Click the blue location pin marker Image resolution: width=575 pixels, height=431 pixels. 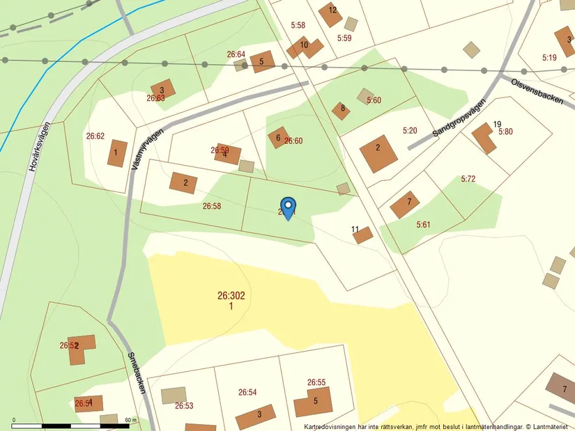(x=287, y=207)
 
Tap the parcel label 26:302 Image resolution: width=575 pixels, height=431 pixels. (x=231, y=296)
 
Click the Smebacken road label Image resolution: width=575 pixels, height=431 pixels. (x=137, y=373)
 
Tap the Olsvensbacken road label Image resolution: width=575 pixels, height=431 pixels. (x=537, y=91)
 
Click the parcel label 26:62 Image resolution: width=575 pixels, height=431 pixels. (x=95, y=136)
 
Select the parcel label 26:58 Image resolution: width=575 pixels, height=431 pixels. (x=212, y=206)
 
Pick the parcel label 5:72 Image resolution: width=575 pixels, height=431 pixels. (x=468, y=179)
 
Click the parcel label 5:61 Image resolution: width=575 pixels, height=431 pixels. (x=423, y=224)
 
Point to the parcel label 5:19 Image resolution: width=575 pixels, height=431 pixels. (x=548, y=58)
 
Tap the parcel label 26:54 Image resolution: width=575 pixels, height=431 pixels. (x=247, y=392)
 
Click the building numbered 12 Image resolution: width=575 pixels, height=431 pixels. (x=330, y=13)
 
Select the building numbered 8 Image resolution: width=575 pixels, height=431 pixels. (x=340, y=110)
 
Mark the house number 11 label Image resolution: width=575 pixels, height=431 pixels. (x=355, y=229)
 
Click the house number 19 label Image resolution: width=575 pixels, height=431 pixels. (x=497, y=125)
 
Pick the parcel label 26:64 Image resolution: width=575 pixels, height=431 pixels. (x=236, y=54)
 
